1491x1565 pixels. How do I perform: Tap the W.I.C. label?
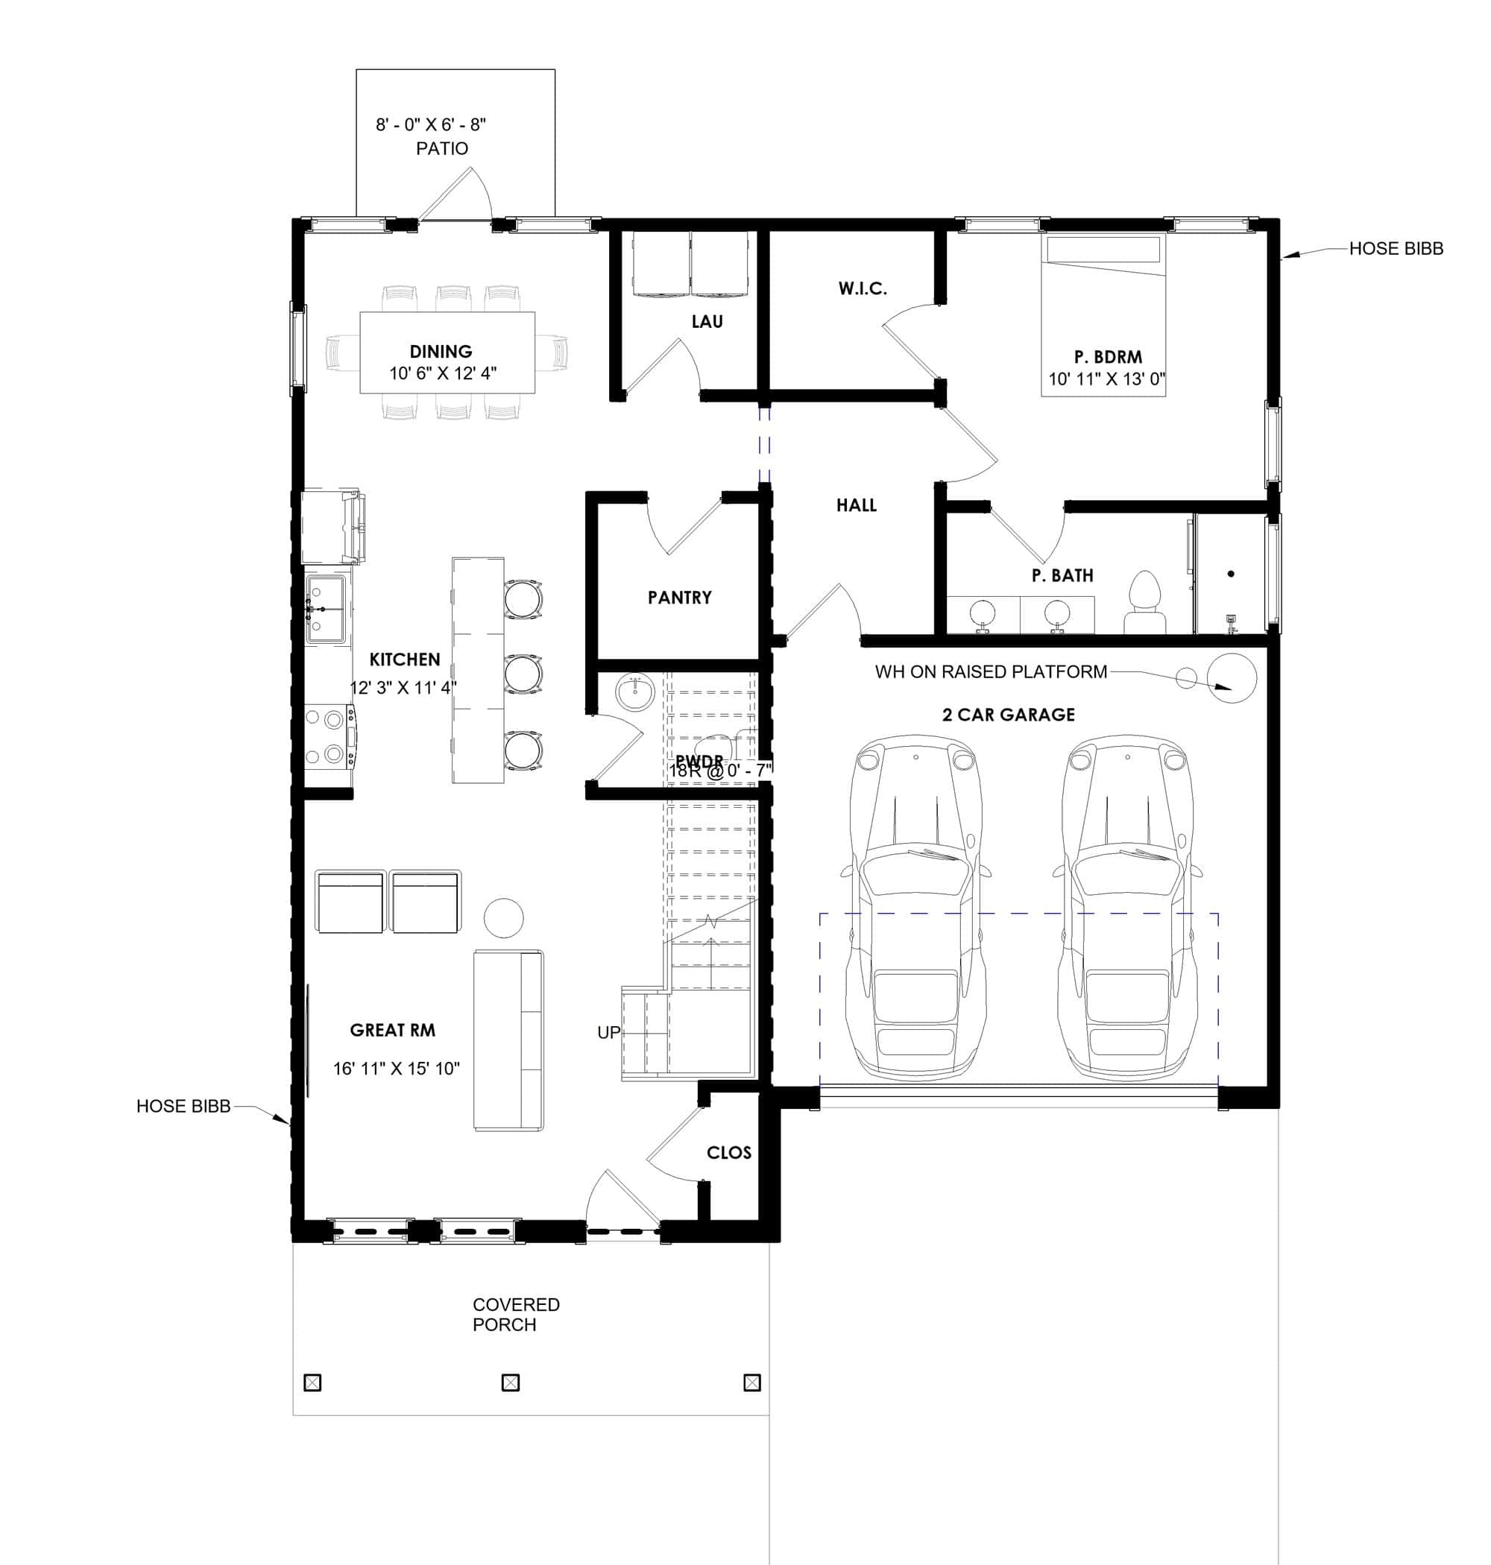click(x=863, y=288)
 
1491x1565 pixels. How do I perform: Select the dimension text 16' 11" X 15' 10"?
click(x=396, y=1069)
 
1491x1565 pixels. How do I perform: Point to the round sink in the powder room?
click(x=634, y=693)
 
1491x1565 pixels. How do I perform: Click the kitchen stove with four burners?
click(x=330, y=736)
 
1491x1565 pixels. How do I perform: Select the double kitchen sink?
click(x=326, y=610)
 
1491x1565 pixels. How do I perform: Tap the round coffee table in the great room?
click(x=503, y=917)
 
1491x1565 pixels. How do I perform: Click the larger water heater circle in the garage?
click(x=1231, y=677)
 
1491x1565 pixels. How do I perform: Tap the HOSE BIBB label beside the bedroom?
click(x=1396, y=249)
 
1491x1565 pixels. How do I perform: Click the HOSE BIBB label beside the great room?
click(x=183, y=1106)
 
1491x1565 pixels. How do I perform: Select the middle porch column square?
click(x=510, y=1383)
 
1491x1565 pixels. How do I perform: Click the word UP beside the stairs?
click(x=608, y=1033)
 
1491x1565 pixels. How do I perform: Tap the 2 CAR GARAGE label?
click(x=1008, y=715)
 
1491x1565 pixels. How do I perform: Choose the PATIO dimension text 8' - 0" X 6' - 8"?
click(x=430, y=124)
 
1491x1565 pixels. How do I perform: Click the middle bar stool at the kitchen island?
click(x=523, y=674)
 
